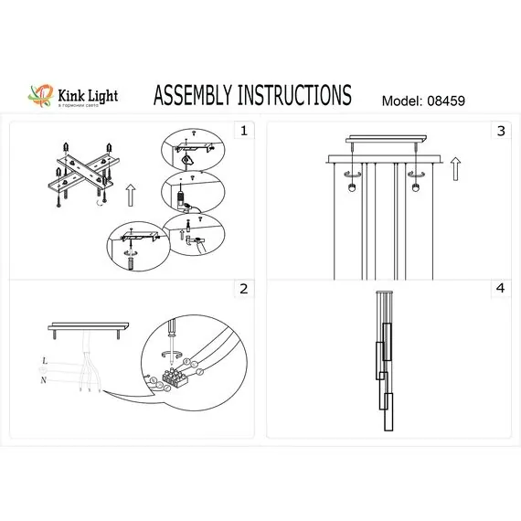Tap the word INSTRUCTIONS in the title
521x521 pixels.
[x=297, y=95]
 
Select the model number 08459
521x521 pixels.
[x=443, y=101]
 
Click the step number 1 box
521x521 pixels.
[x=242, y=132]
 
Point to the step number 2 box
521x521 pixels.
[x=242, y=289]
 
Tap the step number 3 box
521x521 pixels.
[x=500, y=132]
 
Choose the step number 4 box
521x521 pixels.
[x=500, y=289]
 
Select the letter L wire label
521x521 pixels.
[x=44, y=362]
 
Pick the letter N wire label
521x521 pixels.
[x=44, y=378]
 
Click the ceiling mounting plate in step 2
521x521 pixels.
[x=90, y=326]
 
